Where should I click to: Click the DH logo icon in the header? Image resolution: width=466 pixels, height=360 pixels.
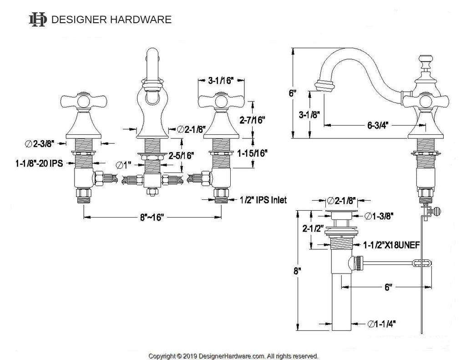point(38,19)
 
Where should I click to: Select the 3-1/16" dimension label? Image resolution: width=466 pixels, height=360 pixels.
point(221,81)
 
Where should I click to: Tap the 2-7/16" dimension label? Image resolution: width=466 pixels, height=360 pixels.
point(253,120)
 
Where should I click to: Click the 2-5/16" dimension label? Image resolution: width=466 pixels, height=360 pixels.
point(181,155)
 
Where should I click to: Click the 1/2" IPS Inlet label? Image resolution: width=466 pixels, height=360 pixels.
point(263,200)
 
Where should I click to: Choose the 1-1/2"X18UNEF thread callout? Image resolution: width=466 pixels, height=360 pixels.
point(391,245)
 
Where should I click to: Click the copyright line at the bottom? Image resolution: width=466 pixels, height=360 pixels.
point(233,355)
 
